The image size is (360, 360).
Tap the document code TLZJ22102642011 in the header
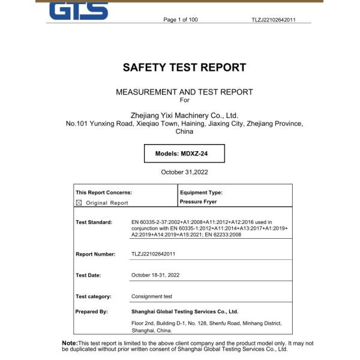[x=274, y=20]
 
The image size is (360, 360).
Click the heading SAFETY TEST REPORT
[x=184, y=68]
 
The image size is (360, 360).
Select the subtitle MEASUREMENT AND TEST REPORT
[x=184, y=92]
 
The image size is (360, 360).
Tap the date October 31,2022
[x=184, y=172]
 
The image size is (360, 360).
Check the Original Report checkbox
[x=79, y=203]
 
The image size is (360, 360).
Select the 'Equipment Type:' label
[x=201, y=193]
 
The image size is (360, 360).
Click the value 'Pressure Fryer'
[x=198, y=202]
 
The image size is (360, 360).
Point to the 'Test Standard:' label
[x=94, y=223]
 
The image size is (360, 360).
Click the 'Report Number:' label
[x=95, y=254]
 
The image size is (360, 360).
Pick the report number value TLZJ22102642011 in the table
[x=154, y=254]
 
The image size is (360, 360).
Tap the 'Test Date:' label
[x=89, y=275]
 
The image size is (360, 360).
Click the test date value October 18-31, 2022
[x=155, y=275]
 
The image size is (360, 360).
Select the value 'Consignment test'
[x=152, y=296]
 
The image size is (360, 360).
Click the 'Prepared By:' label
[x=92, y=311]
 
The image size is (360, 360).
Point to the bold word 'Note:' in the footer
[x=70, y=343]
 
